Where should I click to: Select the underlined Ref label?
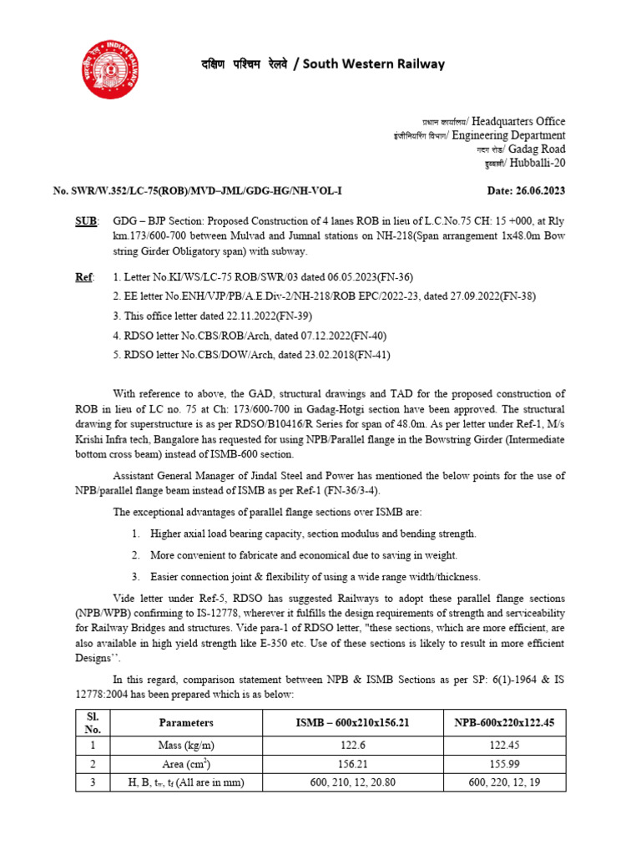click(x=83, y=276)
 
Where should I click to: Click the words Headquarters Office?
click(x=518, y=121)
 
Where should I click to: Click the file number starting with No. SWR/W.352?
click(x=198, y=190)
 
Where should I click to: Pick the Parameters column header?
click(x=185, y=722)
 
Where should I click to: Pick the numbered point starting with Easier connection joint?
click(x=315, y=576)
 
